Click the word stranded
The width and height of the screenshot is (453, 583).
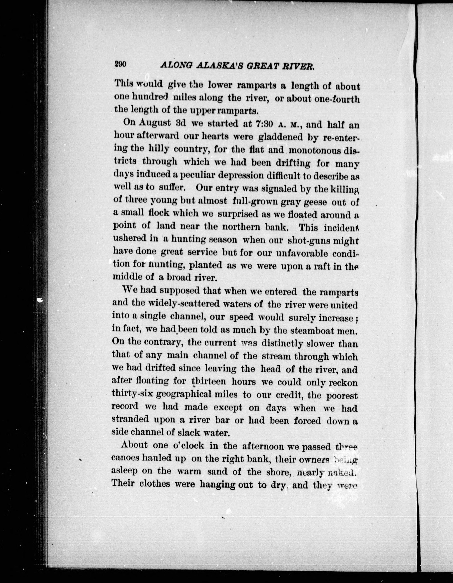click(x=130, y=420)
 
